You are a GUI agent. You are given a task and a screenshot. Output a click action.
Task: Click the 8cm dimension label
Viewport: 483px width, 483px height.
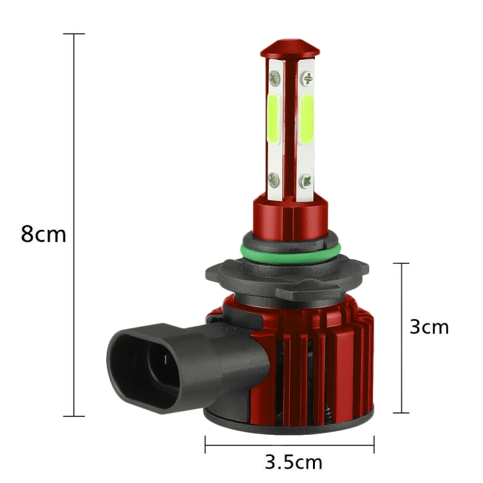pos(43,233)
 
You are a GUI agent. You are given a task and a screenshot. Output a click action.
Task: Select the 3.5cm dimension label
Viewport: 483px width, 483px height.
pos(293,462)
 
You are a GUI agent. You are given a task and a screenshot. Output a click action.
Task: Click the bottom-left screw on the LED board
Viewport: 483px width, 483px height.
pos(274,178)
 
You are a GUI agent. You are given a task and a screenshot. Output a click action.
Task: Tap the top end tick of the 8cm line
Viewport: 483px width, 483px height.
pos(75,33)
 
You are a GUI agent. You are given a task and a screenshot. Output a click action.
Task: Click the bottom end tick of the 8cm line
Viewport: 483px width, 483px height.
pos(75,416)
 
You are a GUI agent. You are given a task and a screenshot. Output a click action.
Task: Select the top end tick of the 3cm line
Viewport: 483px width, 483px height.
pos(401,263)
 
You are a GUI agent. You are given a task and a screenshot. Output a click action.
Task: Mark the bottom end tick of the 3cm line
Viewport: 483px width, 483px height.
pos(401,413)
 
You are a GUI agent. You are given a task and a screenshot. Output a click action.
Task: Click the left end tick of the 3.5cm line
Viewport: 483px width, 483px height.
pos(205,444)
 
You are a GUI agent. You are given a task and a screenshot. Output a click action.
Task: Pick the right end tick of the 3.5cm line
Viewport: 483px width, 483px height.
pos(374,444)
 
